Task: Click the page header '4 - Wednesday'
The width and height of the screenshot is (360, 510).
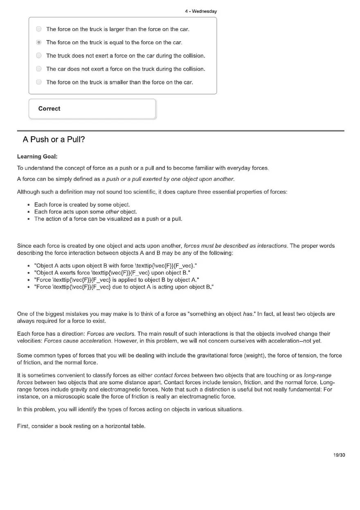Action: tap(200, 11)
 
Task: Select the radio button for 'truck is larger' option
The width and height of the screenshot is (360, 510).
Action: tap(39, 29)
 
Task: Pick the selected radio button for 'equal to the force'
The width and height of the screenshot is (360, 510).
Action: tap(39, 42)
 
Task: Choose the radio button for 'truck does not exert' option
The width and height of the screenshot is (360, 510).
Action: tap(39, 55)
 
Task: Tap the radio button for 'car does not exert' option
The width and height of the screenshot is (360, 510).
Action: tap(39, 69)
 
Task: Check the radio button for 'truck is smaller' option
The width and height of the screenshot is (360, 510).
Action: tap(39, 82)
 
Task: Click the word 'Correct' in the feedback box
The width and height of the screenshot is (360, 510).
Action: tap(49, 108)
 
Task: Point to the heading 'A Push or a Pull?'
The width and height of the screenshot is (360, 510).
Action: tap(54, 139)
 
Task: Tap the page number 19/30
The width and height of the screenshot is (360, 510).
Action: tap(339, 455)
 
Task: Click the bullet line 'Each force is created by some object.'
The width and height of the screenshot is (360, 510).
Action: tap(82, 204)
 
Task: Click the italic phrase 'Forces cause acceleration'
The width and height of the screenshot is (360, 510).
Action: tap(77, 341)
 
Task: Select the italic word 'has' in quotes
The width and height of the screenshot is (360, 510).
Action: tap(248, 314)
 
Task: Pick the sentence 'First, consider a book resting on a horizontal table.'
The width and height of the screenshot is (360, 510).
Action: tap(81, 426)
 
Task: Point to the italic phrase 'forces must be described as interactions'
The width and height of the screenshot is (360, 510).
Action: tap(235, 246)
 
